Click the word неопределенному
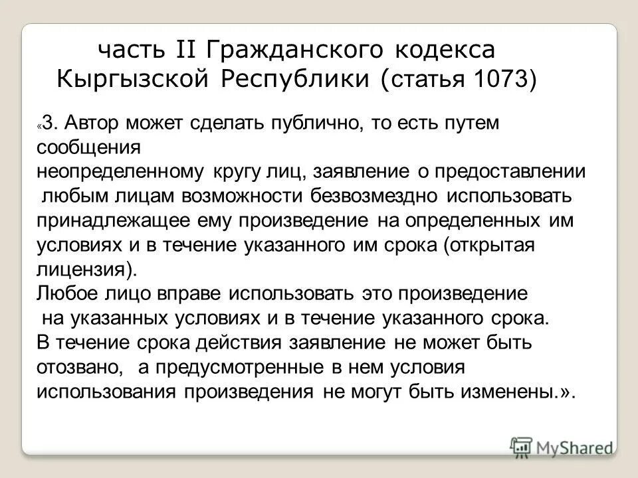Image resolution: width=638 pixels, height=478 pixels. point(120,171)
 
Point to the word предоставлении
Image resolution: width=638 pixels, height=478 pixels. point(510,171)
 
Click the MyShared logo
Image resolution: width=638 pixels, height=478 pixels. point(562,446)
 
